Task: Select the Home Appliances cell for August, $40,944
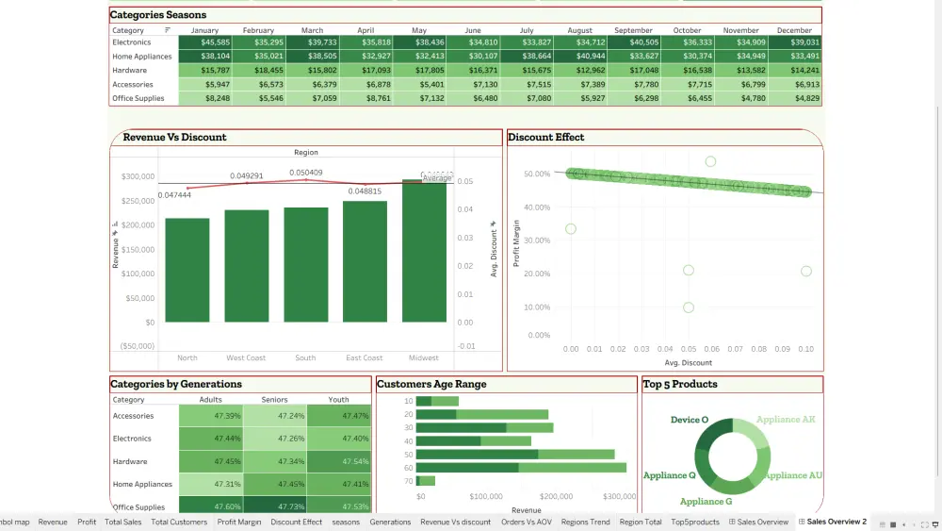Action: coord(580,57)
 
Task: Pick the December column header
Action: coord(794,30)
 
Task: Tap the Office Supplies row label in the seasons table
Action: coord(138,98)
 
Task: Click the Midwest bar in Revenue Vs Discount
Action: coord(424,252)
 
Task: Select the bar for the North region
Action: coord(187,271)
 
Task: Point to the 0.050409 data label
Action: coord(305,173)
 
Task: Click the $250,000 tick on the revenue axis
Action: coord(137,201)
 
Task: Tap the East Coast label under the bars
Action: coord(365,358)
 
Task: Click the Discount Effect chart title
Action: coord(546,138)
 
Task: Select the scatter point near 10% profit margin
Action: coord(689,307)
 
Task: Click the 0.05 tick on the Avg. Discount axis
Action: coord(688,349)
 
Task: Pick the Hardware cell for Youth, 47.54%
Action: coord(339,462)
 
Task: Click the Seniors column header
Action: coord(274,400)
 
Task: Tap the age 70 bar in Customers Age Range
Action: coord(425,481)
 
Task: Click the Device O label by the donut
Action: coord(690,420)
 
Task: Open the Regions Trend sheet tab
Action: coord(586,523)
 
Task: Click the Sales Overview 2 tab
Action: coord(836,523)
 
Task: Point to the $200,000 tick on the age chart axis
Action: coord(557,496)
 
